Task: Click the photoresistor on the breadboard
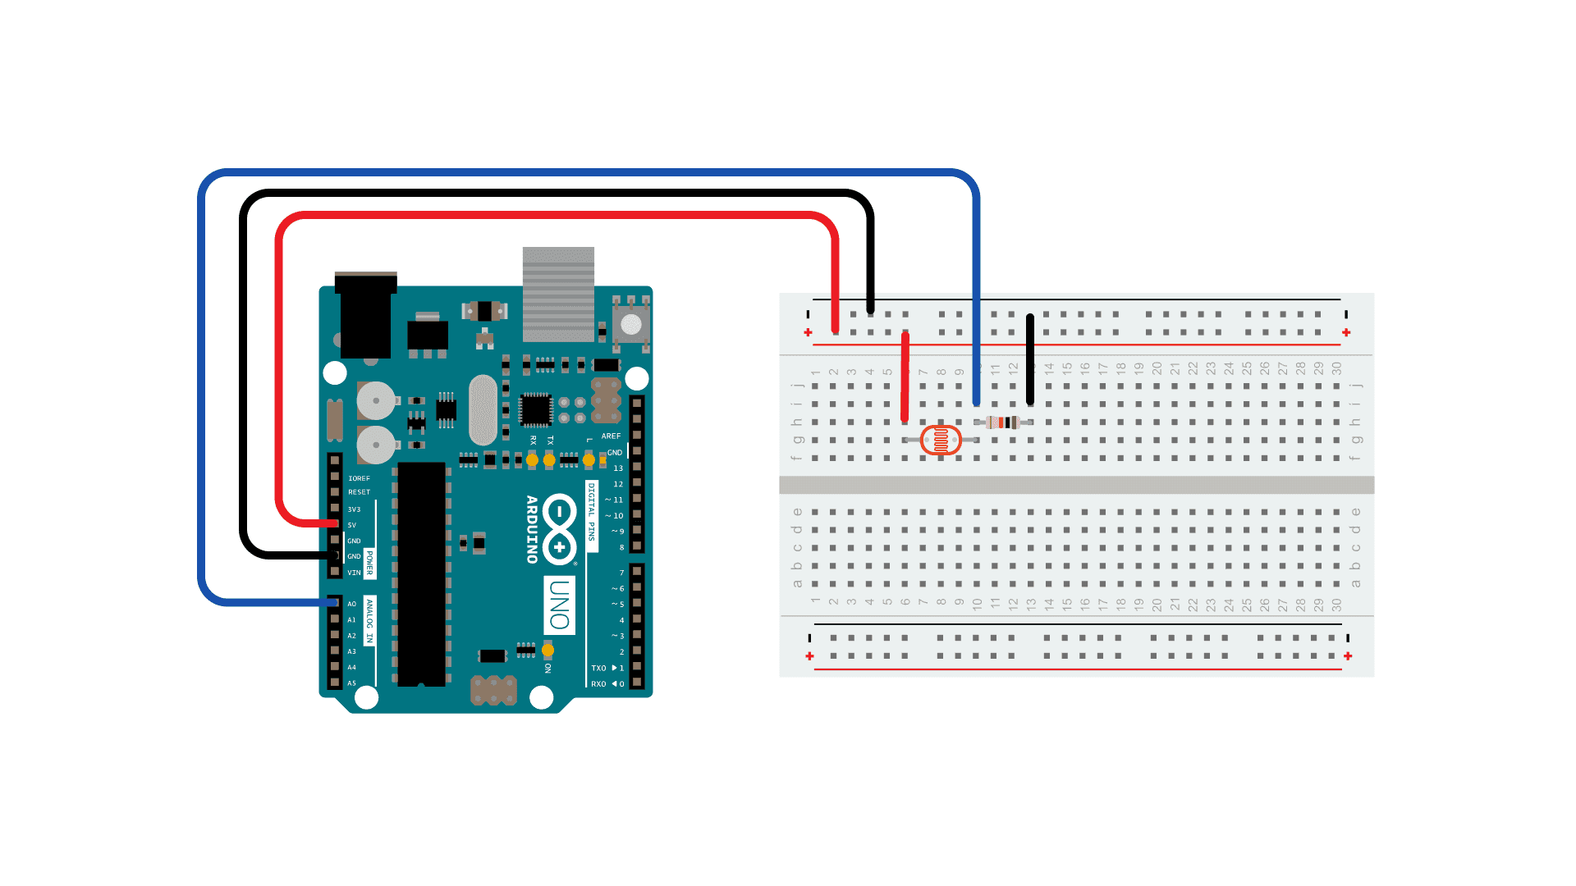pos(941,441)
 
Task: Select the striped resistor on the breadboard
pos(1003,422)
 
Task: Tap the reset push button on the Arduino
pos(630,324)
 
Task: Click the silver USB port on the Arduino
pos(558,294)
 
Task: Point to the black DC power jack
pos(365,316)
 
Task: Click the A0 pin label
pos(352,604)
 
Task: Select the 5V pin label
pos(352,525)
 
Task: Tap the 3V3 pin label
pos(354,509)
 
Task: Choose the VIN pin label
pos(354,573)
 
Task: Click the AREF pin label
pos(611,436)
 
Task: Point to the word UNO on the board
pos(559,605)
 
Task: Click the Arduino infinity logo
pos(559,529)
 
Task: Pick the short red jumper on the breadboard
pos(905,377)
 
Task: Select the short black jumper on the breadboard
pos(1030,359)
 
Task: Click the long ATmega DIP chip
pos(422,574)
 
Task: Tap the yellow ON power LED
pos(547,651)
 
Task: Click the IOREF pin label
pos(359,478)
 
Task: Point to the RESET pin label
pos(359,492)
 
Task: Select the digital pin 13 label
pos(618,468)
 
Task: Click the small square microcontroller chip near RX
pos(535,409)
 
